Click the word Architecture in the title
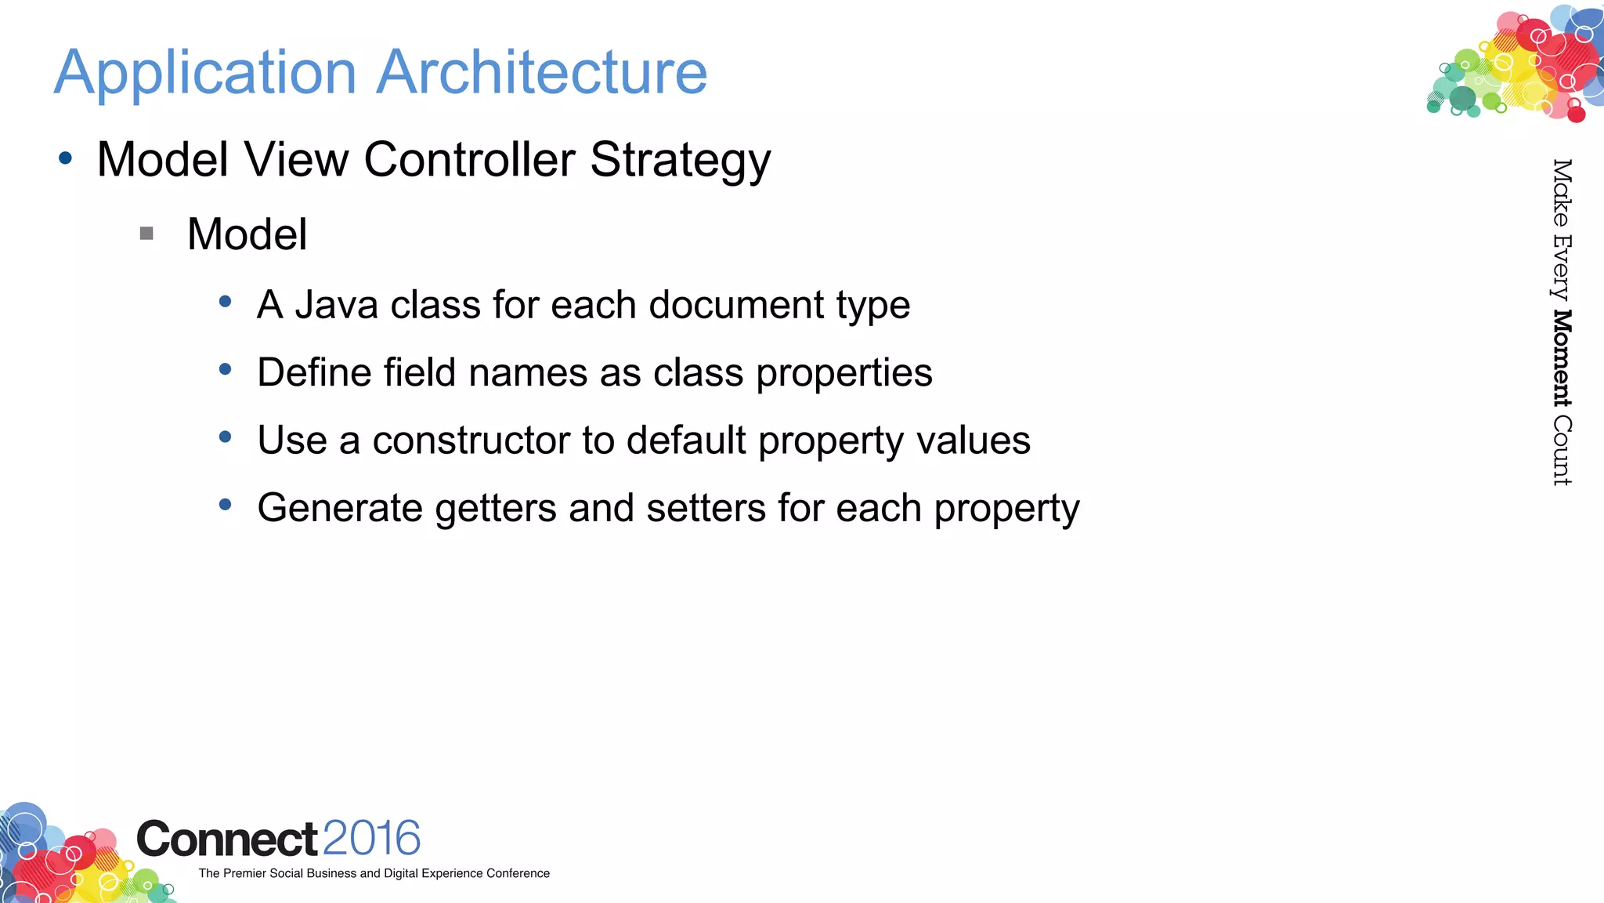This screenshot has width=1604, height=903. click(x=542, y=72)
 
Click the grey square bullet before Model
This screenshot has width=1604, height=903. click(x=146, y=233)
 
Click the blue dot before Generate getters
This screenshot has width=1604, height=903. click(x=226, y=505)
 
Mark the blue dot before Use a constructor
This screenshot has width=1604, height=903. click(x=226, y=437)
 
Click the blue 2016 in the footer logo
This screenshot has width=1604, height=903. click(x=371, y=838)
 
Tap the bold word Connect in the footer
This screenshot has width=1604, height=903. click(x=227, y=840)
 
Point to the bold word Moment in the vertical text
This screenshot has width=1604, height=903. click(x=1562, y=358)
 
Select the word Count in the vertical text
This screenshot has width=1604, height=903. click(x=1562, y=451)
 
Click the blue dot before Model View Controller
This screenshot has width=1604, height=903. click(x=66, y=158)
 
